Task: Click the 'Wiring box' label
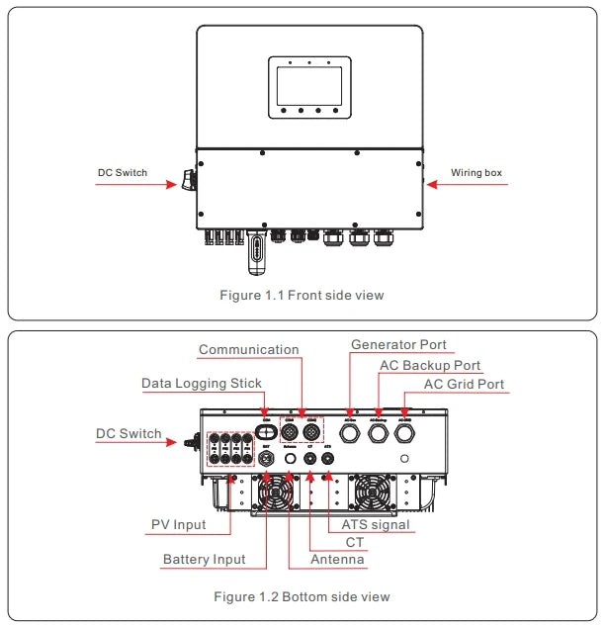coord(476,173)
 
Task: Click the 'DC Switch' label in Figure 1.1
coord(122,173)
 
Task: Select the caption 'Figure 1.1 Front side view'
coord(302,295)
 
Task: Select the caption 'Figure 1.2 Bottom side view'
coord(302,596)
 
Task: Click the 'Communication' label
coord(248,350)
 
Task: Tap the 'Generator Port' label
coord(398,345)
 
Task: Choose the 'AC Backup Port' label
coord(430,366)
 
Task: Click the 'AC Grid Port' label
coord(463,385)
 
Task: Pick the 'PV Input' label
coord(178,524)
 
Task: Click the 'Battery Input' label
coord(204,560)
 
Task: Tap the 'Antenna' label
coord(336,560)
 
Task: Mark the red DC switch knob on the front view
coord(185,180)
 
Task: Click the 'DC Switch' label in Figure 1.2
coord(129,434)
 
